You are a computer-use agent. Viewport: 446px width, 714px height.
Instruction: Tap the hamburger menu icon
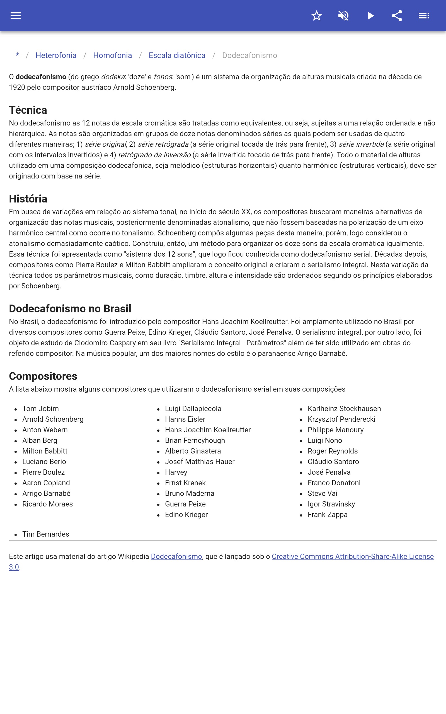tap(16, 16)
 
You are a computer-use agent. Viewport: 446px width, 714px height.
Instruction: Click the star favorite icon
tap(316, 16)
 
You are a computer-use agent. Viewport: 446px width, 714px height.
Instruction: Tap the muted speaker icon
tap(343, 16)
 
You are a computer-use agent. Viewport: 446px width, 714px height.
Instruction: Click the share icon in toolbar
tap(397, 16)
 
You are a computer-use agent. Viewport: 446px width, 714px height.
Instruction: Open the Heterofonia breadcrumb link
tap(56, 56)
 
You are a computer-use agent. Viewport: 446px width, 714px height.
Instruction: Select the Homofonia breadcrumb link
tap(112, 56)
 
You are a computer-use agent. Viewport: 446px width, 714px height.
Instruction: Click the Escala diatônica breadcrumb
tap(177, 56)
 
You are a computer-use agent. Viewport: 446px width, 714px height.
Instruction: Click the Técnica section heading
tap(28, 110)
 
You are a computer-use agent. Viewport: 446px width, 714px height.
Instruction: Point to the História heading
tap(28, 199)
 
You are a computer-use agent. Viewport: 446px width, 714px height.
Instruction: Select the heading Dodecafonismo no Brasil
tap(70, 309)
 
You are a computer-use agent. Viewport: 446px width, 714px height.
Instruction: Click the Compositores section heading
tap(43, 376)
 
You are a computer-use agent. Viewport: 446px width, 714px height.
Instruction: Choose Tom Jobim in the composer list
tap(41, 409)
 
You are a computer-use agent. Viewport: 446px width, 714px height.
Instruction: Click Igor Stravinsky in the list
tap(331, 504)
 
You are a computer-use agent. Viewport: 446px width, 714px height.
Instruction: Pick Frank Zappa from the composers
tap(328, 515)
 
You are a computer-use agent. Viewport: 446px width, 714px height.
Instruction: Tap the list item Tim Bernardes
tap(46, 534)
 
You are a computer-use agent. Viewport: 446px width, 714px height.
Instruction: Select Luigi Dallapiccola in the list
tap(193, 409)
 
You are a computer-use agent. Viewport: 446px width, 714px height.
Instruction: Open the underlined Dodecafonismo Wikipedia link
tap(176, 556)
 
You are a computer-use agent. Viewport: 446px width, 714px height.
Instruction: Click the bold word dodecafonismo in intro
tap(41, 77)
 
